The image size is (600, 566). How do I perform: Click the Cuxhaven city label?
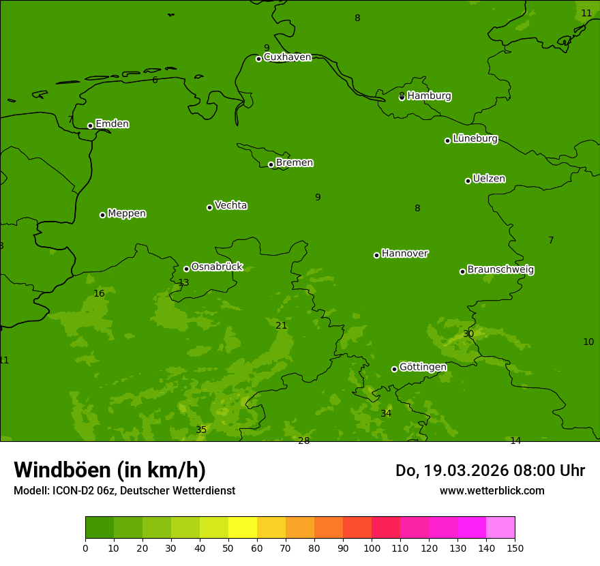(287, 57)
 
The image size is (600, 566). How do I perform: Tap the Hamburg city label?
(429, 96)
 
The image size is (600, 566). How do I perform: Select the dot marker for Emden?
(90, 125)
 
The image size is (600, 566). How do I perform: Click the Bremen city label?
(294, 163)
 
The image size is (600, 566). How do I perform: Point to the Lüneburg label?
(475, 139)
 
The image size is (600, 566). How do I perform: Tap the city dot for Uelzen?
(468, 181)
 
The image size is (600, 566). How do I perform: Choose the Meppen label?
(127, 213)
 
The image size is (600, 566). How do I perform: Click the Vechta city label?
(230, 205)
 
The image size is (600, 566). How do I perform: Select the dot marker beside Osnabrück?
(186, 269)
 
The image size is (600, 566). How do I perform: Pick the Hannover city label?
(404, 254)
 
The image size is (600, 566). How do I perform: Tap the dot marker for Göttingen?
(394, 369)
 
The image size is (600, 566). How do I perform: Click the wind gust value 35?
(201, 430)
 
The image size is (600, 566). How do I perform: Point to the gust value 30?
(468, 334)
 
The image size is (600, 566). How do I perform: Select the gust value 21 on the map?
(281, 326)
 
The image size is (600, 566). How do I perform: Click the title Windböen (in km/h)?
(110, 470)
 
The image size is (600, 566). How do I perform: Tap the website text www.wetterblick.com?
(492, 491)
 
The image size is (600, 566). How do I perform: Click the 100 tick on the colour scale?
(372, 548)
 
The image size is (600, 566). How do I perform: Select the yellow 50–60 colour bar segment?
(243, 528)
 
